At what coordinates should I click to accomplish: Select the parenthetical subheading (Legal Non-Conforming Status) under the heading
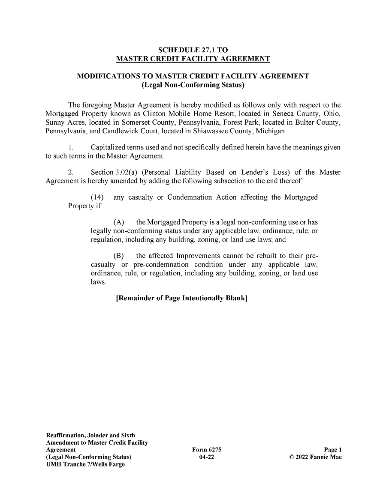[x=193, y=85]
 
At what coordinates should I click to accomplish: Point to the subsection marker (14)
[x=98, y=197]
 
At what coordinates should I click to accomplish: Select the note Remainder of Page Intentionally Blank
[x=182, y=298]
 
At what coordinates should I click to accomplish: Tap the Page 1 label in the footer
[x=332, y=449]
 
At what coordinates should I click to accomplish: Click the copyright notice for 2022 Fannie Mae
[x=315, y=457]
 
